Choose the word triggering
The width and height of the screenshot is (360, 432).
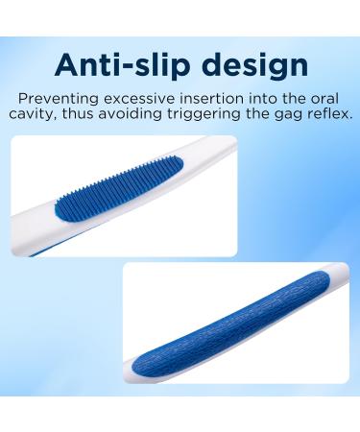(x=219, y=114)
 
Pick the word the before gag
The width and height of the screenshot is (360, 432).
(x=271, y=114)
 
